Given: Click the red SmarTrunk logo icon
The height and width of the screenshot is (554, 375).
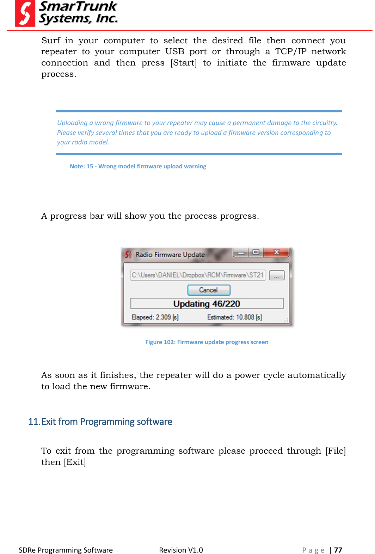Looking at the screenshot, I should pos(25,14).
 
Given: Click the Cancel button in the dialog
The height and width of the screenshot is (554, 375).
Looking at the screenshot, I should pos(209,290).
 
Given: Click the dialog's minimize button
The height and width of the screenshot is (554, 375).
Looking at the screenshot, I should pos(241,253).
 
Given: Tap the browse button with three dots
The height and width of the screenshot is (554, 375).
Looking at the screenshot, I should pos(277,275).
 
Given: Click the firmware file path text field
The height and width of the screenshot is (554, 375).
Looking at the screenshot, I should pos(198,275).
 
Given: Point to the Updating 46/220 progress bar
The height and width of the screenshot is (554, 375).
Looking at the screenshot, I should pos(207,304).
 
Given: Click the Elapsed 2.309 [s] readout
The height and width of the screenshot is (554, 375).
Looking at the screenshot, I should pos(155,317).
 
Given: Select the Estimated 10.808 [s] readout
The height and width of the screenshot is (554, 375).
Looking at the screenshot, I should pos(234,317).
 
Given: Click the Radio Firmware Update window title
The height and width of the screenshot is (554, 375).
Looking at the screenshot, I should pos(170,254).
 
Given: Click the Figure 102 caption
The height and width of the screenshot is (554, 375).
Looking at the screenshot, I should pos(207,342).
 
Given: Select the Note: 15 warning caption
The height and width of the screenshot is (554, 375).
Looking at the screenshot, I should pos(138,166).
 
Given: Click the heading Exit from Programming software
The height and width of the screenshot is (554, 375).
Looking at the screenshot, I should pos(100,422).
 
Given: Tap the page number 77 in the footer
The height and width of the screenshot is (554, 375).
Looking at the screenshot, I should pos(338,550).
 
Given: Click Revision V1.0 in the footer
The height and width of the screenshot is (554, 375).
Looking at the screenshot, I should pos(181,550).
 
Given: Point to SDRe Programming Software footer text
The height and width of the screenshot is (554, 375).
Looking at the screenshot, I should pos(66,550).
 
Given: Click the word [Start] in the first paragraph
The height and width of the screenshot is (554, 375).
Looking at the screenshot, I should pos(183,63).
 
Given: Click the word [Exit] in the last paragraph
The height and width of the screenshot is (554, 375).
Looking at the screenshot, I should pos(75,462).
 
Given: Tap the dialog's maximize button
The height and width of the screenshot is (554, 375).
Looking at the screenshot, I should pos(256,252).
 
